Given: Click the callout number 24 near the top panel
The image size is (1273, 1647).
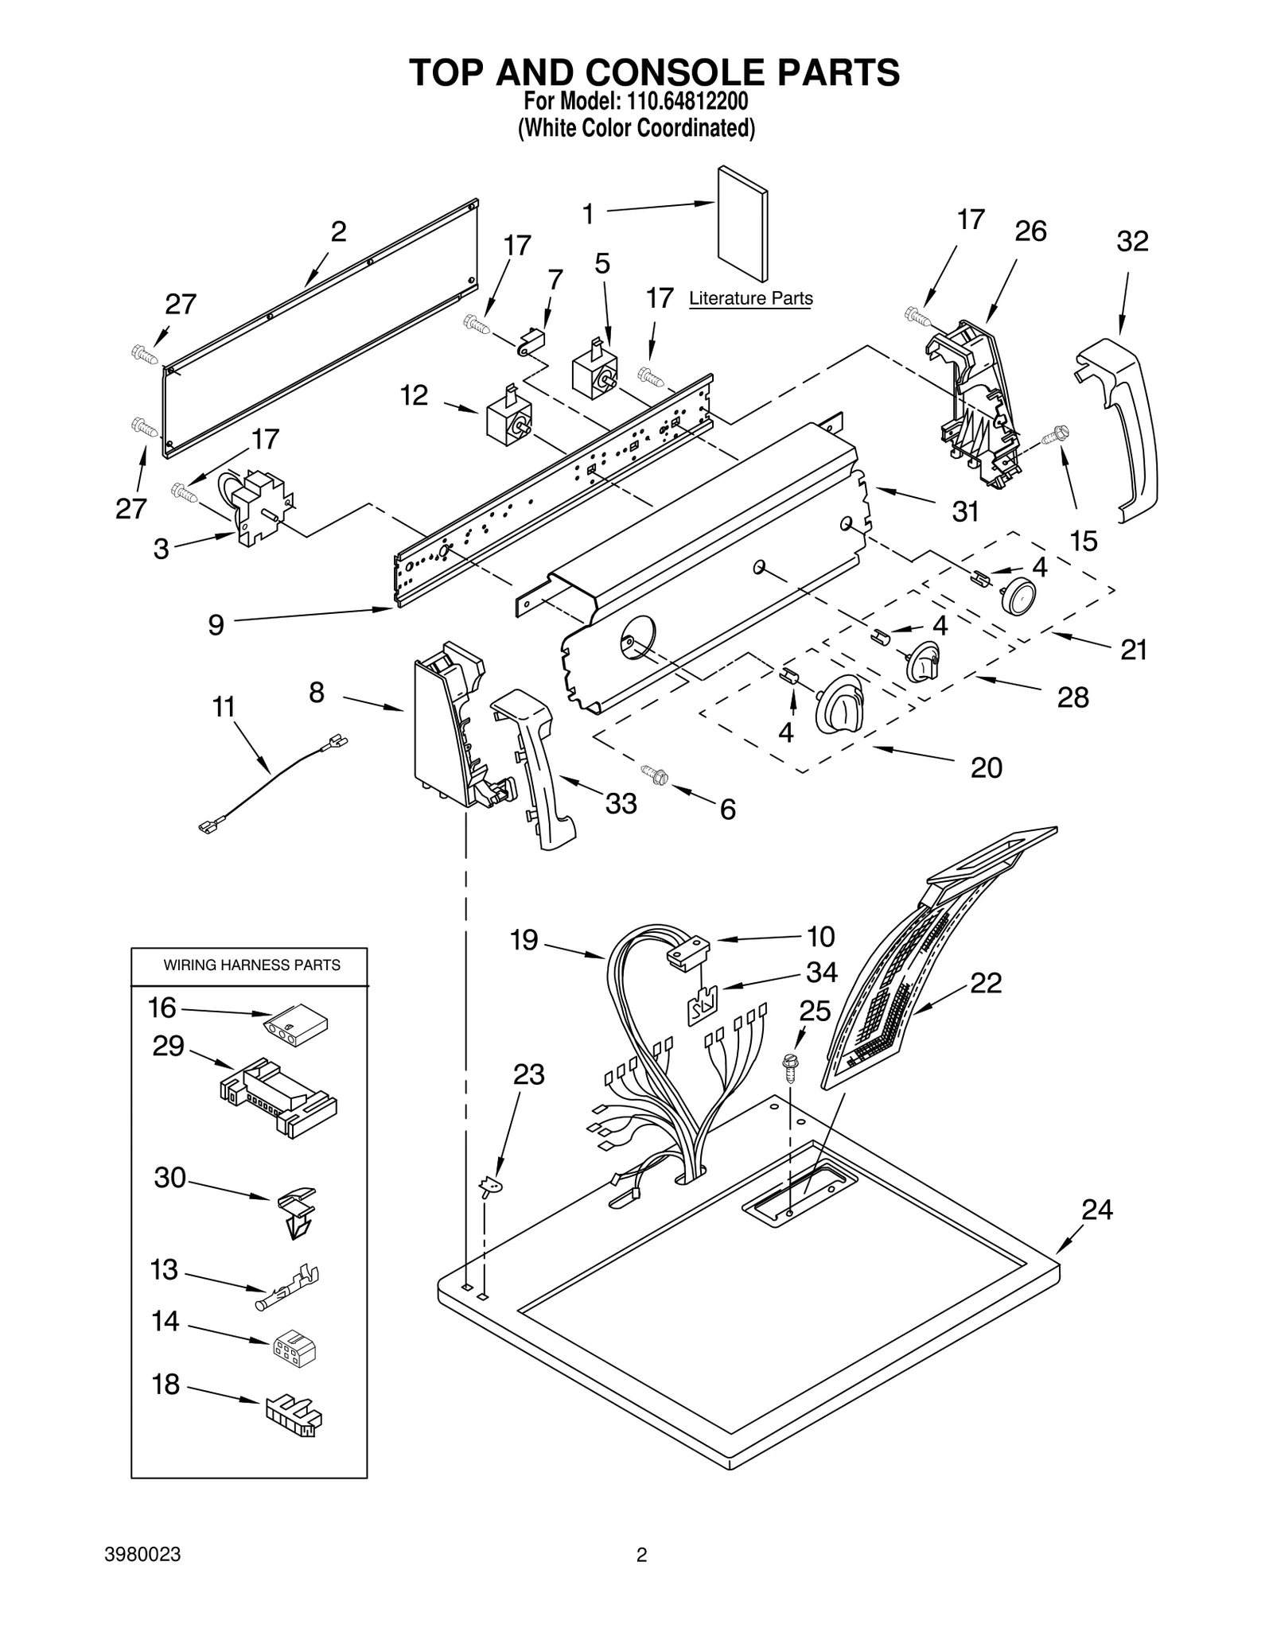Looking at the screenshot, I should [1096, 1210].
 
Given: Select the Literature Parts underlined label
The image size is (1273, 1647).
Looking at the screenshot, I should [750, 299].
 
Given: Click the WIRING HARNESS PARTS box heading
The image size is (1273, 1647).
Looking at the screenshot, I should [251, 965].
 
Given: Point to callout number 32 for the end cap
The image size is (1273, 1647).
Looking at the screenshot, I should [1131, 241].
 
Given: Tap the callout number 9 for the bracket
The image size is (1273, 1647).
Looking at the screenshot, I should [216, 625].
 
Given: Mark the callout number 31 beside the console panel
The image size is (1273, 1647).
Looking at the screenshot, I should [964, 511].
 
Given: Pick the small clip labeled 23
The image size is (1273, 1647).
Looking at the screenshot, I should [492, 1187].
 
